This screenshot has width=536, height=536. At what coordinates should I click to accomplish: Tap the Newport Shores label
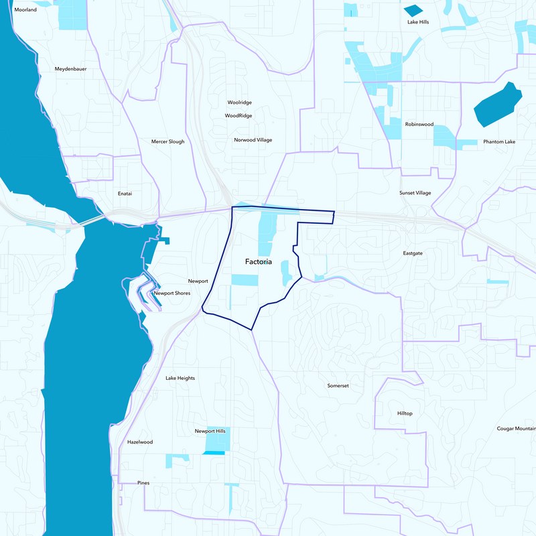point(172,293)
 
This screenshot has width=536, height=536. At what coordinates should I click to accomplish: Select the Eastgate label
point(413,254)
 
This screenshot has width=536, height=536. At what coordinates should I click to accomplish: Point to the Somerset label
point(338,386)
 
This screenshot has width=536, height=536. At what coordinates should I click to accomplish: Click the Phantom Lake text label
point(499,142)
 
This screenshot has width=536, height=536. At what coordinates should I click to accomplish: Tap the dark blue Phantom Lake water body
point(497,105)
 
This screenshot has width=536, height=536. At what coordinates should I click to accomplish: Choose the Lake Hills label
point(417,22)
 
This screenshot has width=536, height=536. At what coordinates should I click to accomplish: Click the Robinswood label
point(419,125)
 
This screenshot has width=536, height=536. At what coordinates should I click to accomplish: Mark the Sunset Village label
point(415,193)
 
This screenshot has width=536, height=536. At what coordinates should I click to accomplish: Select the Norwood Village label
point(253,140)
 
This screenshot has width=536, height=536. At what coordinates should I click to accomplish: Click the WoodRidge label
point(239,116)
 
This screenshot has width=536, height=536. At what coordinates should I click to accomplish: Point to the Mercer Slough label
point(167,142)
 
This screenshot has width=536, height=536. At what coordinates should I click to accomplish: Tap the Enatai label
point(125,194)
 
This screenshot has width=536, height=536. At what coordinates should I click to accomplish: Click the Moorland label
point(25,10)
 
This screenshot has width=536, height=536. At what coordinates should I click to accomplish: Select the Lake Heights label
point(180,379)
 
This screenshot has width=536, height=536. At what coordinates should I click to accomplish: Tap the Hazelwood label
point(140,442)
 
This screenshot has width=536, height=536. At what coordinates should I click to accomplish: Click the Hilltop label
point(405,413)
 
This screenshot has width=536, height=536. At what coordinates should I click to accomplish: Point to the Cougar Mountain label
point(516,429)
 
